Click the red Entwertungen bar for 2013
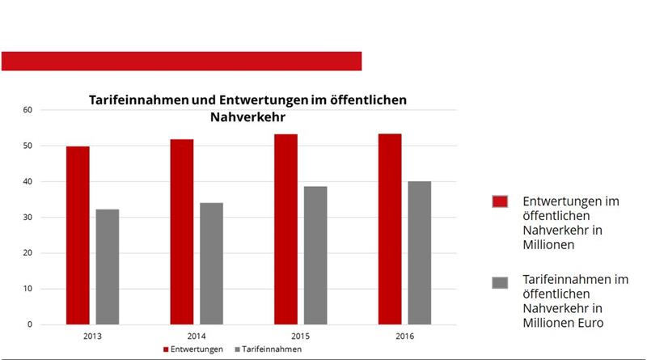point(78,235)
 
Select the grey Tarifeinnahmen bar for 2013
point(107,267)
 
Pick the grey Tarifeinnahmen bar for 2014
point(211,264)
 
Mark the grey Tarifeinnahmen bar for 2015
point(315,256)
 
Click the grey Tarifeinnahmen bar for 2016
point(419,253)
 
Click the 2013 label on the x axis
point(92,335)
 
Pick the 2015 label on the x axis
point(300,335)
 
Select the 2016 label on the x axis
point(404,335)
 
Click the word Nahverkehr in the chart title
point(247,116)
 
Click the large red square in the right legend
point(500,201)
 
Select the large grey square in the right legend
point(500,282)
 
